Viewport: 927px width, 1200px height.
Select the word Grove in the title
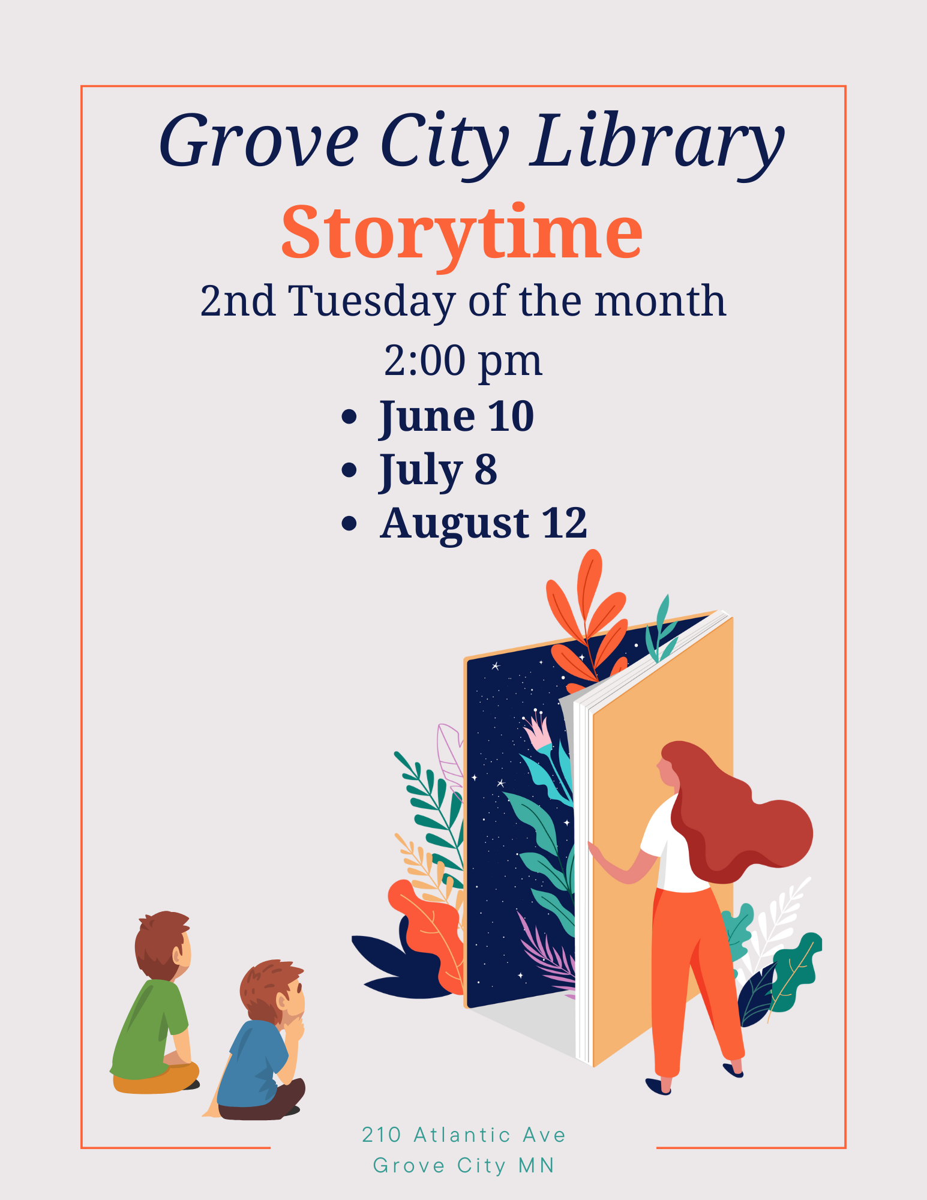click(259, 141)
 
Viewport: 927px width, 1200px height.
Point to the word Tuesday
click(372, 302)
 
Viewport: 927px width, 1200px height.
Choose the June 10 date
click(457, 418)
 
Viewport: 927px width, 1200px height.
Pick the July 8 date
click(438, 471)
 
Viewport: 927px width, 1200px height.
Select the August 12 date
click(484, 524)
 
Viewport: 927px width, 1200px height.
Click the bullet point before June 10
click(349, 416)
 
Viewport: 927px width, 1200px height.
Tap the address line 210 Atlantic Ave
click(464, 1135)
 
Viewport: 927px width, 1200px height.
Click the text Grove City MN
click(464, 1165)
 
